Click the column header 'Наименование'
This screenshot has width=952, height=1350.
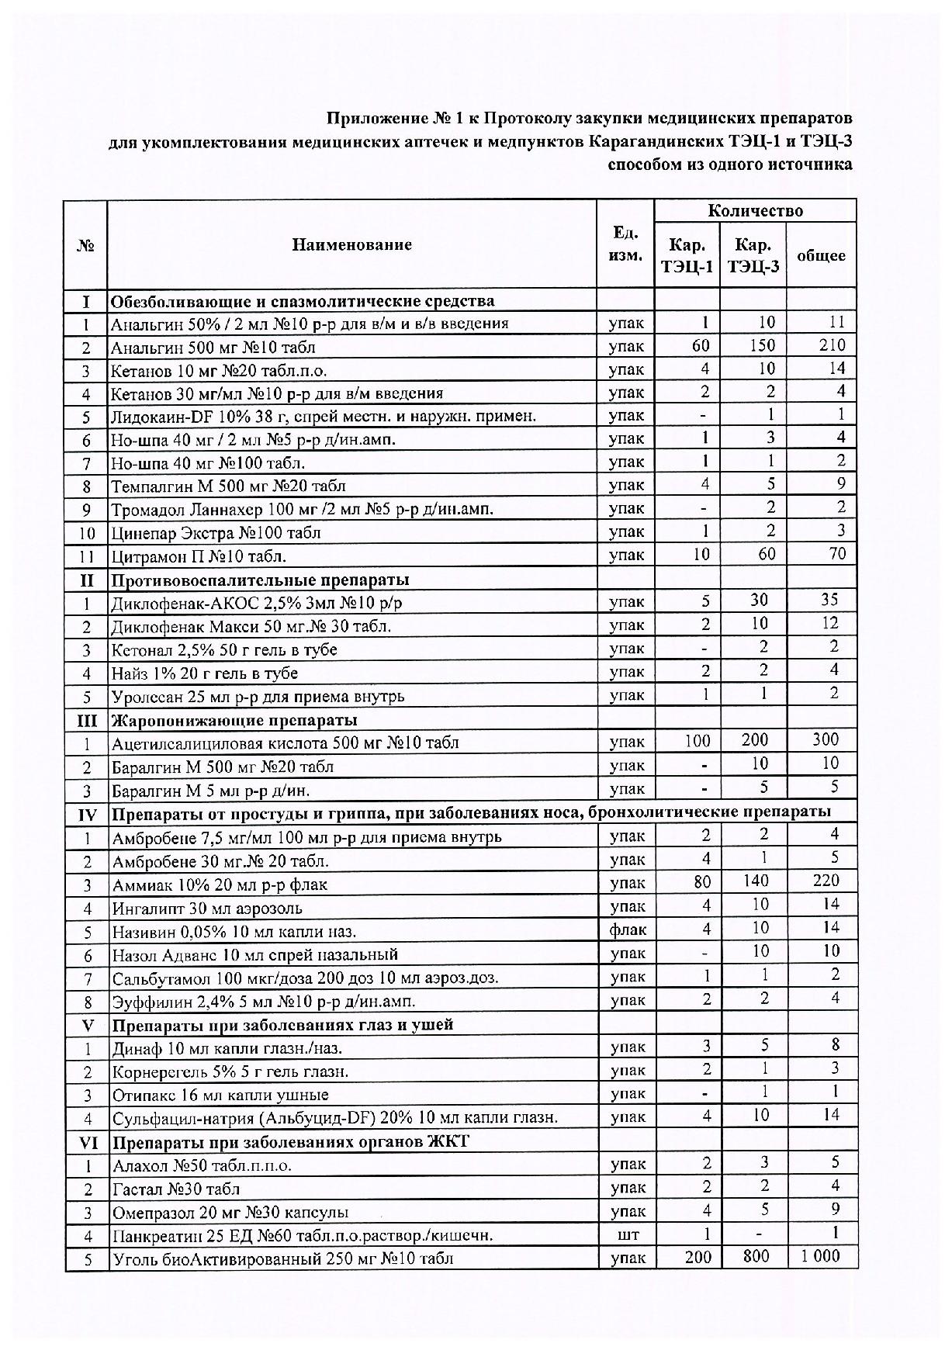(351, 245)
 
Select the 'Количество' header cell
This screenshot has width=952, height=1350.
(754, 210)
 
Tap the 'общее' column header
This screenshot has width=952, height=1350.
(820, 255)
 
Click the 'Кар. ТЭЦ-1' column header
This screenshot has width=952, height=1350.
(687, 256)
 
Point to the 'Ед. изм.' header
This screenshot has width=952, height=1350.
(625, 244)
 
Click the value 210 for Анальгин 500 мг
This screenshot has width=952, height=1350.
(832, 345)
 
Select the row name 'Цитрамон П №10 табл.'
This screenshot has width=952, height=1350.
(199, 556)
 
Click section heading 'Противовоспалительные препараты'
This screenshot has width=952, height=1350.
(260, 580)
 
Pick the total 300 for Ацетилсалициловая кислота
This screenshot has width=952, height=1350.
(826, 740)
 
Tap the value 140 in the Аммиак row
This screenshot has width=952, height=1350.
(754, 881)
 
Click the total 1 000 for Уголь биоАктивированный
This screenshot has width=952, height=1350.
(820, 1256)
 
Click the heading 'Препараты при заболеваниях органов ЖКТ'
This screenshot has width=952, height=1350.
(290, 1141)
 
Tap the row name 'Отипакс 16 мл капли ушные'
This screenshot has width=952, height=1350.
(220, 1095)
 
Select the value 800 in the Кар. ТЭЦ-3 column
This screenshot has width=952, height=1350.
(756, 1256)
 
